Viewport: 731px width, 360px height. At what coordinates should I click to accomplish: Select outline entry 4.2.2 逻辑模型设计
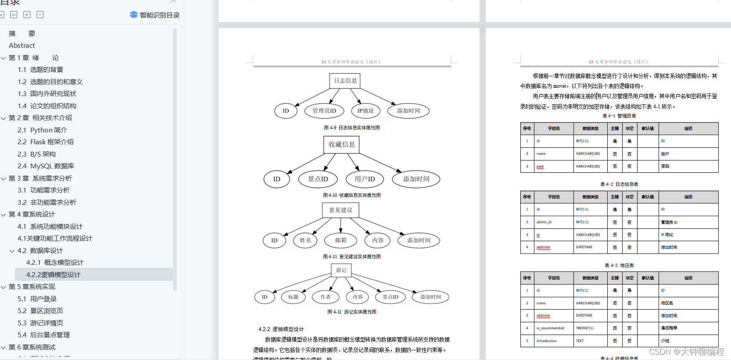coord(53,274)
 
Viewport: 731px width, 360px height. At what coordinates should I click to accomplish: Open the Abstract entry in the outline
coord(21,46)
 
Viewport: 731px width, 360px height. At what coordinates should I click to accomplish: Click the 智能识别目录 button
coord(155,15)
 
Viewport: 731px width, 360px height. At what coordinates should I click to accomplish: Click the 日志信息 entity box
coord(345,81)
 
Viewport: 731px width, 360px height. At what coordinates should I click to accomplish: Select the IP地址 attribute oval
coord(365,111)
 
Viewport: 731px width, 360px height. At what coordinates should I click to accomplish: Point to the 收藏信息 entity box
coord(342,145)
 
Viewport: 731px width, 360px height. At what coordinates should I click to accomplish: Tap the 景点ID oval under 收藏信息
coord(318,179)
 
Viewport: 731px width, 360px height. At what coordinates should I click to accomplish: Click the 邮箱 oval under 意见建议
coord(341,240)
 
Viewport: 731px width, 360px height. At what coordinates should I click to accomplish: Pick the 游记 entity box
coord(341,270)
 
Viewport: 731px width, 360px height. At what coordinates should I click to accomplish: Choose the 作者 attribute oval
coord(326,297)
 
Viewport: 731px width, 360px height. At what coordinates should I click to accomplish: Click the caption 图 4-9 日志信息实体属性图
coord(351,128)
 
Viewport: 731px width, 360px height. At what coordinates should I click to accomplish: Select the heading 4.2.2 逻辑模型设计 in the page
coord(281,329)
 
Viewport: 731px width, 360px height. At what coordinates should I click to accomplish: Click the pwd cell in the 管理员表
coord(540,167)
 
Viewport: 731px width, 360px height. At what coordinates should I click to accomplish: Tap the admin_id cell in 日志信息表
coord(544,222)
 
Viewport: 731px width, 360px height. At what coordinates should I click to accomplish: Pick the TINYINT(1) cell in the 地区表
coord(584,328)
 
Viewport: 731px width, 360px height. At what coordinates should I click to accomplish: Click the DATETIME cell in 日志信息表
coord(584,247)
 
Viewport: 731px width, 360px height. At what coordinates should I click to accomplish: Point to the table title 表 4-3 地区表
coord(619,265)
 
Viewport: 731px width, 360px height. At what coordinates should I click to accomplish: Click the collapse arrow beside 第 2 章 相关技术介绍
coord(4,118)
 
